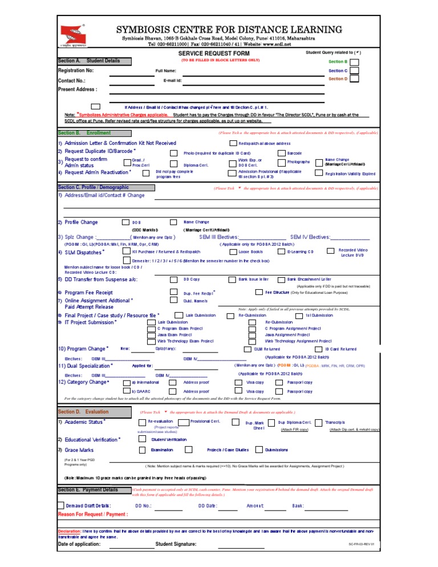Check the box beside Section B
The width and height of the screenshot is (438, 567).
click(x=354, y=61)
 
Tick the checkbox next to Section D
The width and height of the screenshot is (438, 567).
click(x=354, y=79)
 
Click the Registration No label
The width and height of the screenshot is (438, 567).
click(x=79, y=71)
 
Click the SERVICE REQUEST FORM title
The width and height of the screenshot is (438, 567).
click(x=219, y=52)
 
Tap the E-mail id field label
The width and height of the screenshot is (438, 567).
click(x=172, y=80)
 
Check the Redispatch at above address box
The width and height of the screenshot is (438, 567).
click(x=233, y=143)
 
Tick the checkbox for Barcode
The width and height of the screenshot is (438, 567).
click(x=281, y=153)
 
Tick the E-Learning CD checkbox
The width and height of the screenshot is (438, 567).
click(x=281, y=251)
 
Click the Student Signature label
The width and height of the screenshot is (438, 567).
click(x=176, y=544)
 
